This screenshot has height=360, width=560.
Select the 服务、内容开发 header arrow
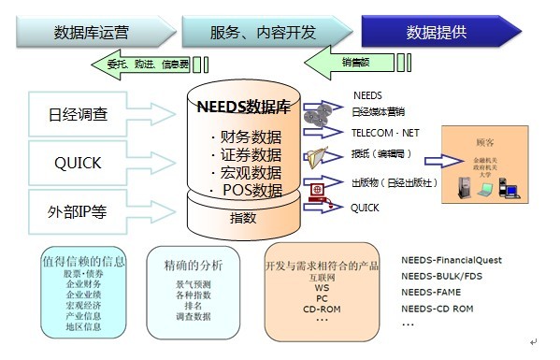tap(262, 32)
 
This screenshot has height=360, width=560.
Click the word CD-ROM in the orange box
tap(321, 309)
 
